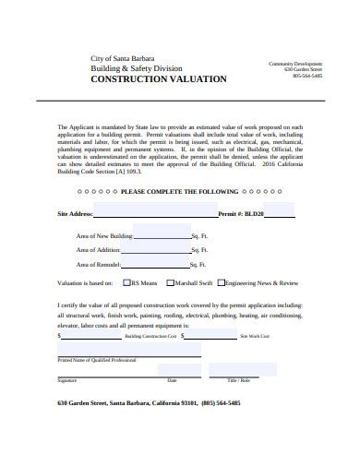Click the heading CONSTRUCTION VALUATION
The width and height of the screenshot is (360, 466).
coord(157,80)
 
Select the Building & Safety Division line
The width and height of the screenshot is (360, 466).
coord(136,68)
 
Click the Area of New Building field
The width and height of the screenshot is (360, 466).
coord(162,234)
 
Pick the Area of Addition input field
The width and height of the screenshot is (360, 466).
coord(162,248)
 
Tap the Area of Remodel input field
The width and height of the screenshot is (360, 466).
coord(162,263)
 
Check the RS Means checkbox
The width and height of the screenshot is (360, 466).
coord(126,282)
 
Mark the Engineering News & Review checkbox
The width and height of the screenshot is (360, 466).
coord(222,282)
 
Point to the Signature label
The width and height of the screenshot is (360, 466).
coord(67,380)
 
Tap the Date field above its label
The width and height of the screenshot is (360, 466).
coord(172,373)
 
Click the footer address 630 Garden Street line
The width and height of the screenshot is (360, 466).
coord(149,403)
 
